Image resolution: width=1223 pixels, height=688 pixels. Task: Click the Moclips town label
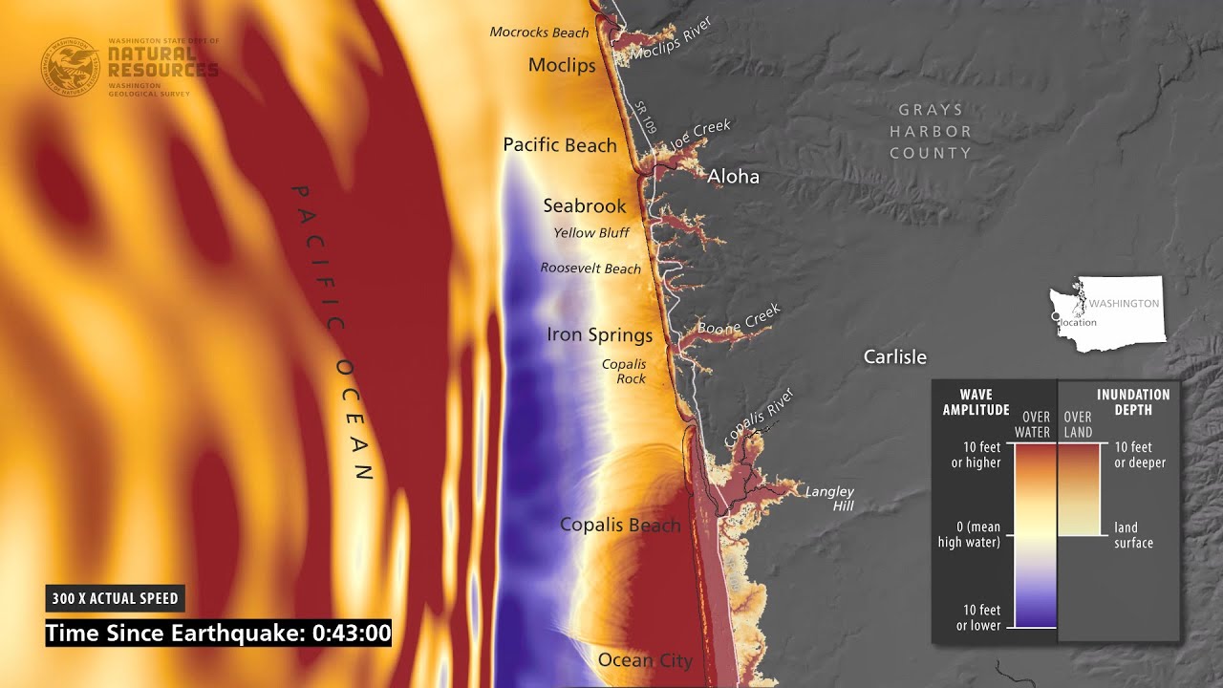pyautogui.click(x=562, y=65)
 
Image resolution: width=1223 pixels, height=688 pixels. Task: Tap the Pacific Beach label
pyautogui.click(x=560, y=145)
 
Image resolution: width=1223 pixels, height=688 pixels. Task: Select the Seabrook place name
pyautogui.click(x=585, y=205)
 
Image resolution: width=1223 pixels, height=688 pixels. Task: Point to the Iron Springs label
pyautogui.click(x=599, y=334)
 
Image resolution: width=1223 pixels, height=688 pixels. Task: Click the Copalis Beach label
pyautogui.click(x=620, y=525)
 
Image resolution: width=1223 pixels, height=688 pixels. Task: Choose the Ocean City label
pyautogui.click(x=645, y=659)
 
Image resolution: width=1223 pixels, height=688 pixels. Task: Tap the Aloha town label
pyautogui.click(x=733, y=177)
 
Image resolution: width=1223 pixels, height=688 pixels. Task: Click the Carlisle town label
pyautogui.click(x=895, y=356)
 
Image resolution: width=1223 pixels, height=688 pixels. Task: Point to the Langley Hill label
pyautogui.click(x=829, y=499)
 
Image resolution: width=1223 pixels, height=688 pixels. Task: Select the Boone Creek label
pyautogui.click(x=739, y=320)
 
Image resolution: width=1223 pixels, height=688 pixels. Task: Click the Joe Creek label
pyautogui.click(x=700, y=135)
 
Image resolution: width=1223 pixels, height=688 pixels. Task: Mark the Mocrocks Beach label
pyautogui.click(x=539, y=32)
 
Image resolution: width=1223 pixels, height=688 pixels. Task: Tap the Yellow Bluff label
pyautogui.click(x=591, y=232)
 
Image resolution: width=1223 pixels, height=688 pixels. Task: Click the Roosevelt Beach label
pyautogui.click(x=590, y=269)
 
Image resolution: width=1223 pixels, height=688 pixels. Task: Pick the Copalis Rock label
pyautogui.click(x=624, y=372)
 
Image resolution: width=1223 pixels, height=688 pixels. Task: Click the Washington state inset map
pyautogui.click(x=1108, y=313)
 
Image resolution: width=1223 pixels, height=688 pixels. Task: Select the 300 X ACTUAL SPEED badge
pyautogui.click(x=116, y=599)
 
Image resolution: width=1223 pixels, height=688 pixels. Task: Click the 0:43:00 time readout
pyautogui.click(x=352, y=633)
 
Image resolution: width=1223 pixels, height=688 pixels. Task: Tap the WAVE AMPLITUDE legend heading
pyautogui.click(x=976, y=401)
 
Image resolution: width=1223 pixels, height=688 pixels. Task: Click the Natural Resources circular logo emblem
pyautogui.click(x=69, y=66)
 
